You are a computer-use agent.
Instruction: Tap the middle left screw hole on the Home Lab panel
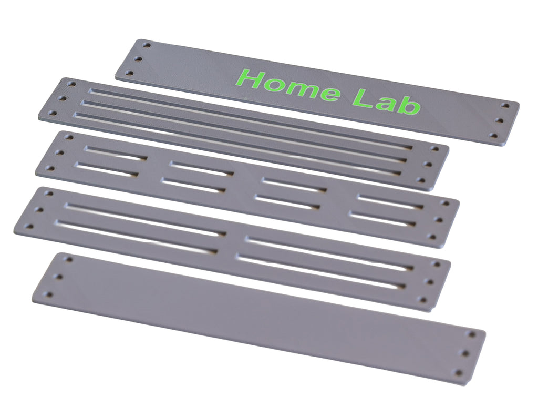point(139,58)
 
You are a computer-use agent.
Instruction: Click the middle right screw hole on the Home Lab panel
point(499,120)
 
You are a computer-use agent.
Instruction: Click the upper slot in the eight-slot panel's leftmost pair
point(115,153)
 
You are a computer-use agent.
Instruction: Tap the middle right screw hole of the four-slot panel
point(430,281)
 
